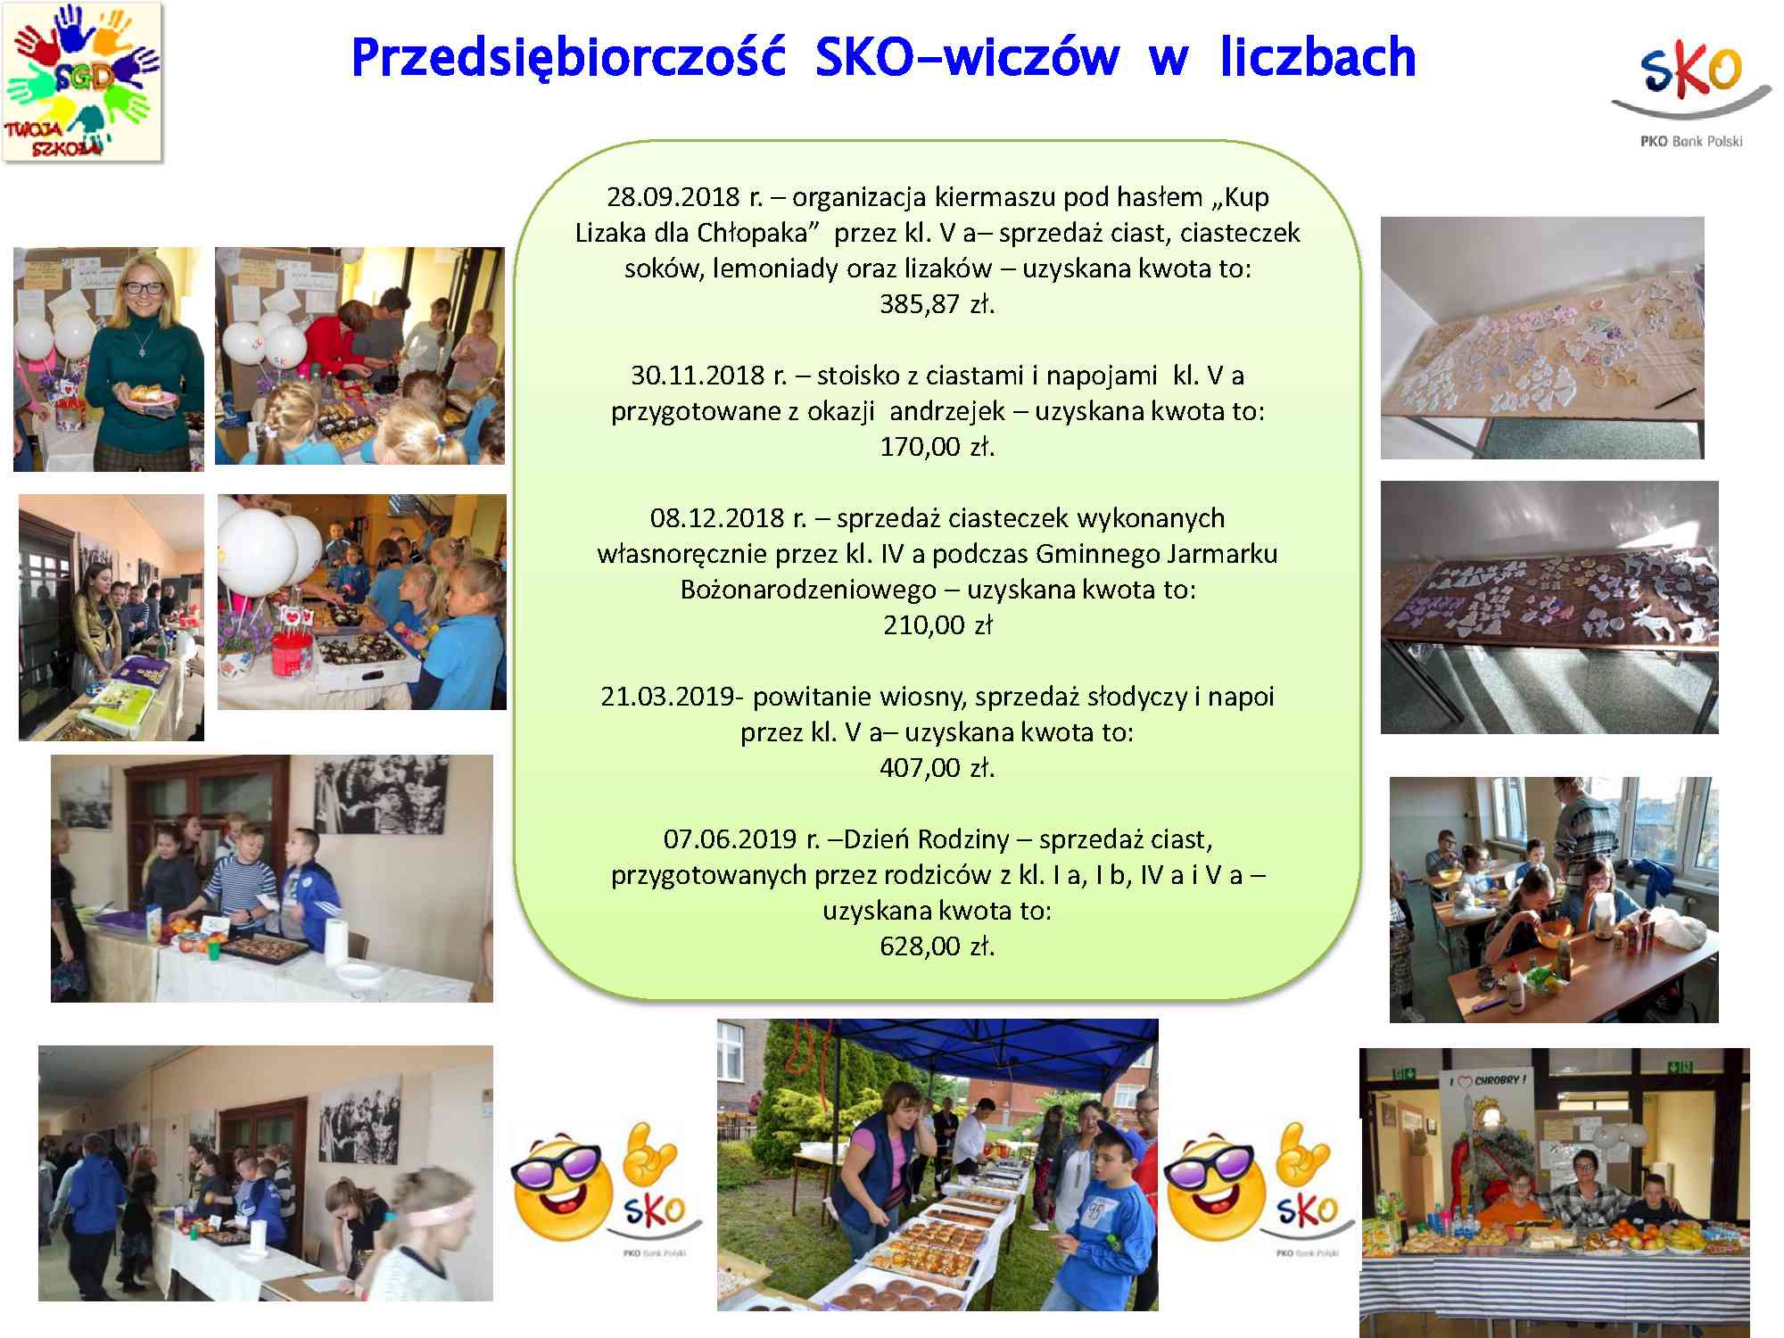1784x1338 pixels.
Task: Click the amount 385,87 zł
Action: pyautogui.click(x=937, y=304)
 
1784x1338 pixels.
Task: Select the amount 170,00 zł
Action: pyautogui.click(x=937, y=447)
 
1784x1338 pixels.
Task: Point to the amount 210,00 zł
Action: pyautogui.click(x=937, y=625)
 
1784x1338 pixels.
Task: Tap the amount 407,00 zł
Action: pyautogui.click(x=937, y=768)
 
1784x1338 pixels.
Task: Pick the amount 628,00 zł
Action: pyautogui.click(x=937, y=946)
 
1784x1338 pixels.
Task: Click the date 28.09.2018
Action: pyautogui.click(x=673, y=197)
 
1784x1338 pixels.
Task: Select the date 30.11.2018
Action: pyautogui.click(x=698, y=376)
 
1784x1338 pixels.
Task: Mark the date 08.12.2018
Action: pyautogui.click(x=717, y=518)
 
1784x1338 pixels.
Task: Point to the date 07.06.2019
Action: pyautogui.click(x=731, y=839)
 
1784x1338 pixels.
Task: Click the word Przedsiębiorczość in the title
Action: pyautogui.click(x=569, y=59)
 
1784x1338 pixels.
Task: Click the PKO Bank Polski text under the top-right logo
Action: pyautogui.click(x=1691, y=141)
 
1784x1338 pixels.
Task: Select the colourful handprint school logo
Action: pyautogui.click(x=82, y=81)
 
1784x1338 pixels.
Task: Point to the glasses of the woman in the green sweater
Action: pyautogui.click(x=144, y=288)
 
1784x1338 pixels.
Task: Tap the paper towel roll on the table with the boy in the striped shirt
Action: pyautogui.click(x=336, y=940)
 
